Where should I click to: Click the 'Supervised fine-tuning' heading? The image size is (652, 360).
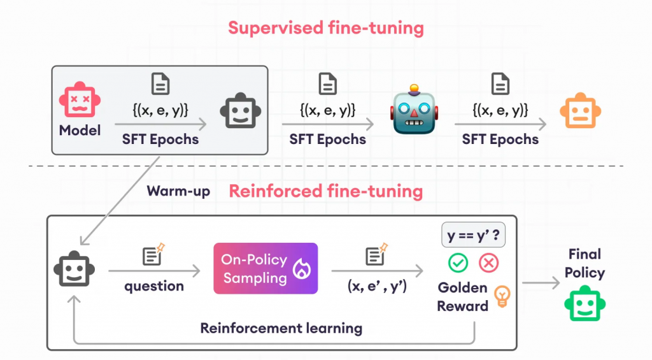[326, 28]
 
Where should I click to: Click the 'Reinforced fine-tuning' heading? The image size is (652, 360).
[325, 191]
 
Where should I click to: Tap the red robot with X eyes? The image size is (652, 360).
[80, 98]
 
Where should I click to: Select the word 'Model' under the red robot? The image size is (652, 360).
[80, 131]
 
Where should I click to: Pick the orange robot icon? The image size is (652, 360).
[580, 110]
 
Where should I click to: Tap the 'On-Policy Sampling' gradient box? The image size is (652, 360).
[266, 268]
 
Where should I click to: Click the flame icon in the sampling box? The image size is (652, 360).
[299, 272]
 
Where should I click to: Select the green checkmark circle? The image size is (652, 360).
[458, 263]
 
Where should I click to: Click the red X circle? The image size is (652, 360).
[489, 263]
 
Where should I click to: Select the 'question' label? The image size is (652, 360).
[154, 286]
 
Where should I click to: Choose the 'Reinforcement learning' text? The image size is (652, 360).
[281, 328]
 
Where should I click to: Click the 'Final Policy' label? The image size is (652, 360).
[585, 263]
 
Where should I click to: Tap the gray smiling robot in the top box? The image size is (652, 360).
[241, 110]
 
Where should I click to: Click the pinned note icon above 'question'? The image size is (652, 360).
[153, 256]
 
